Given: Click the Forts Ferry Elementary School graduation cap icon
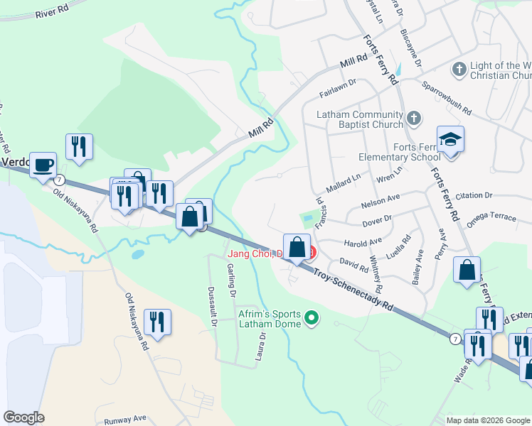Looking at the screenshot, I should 450,138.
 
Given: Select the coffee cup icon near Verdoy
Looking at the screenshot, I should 44,164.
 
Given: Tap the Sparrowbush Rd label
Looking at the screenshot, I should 447,99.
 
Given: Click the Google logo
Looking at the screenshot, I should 24,417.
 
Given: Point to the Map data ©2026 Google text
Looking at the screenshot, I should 487,420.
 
